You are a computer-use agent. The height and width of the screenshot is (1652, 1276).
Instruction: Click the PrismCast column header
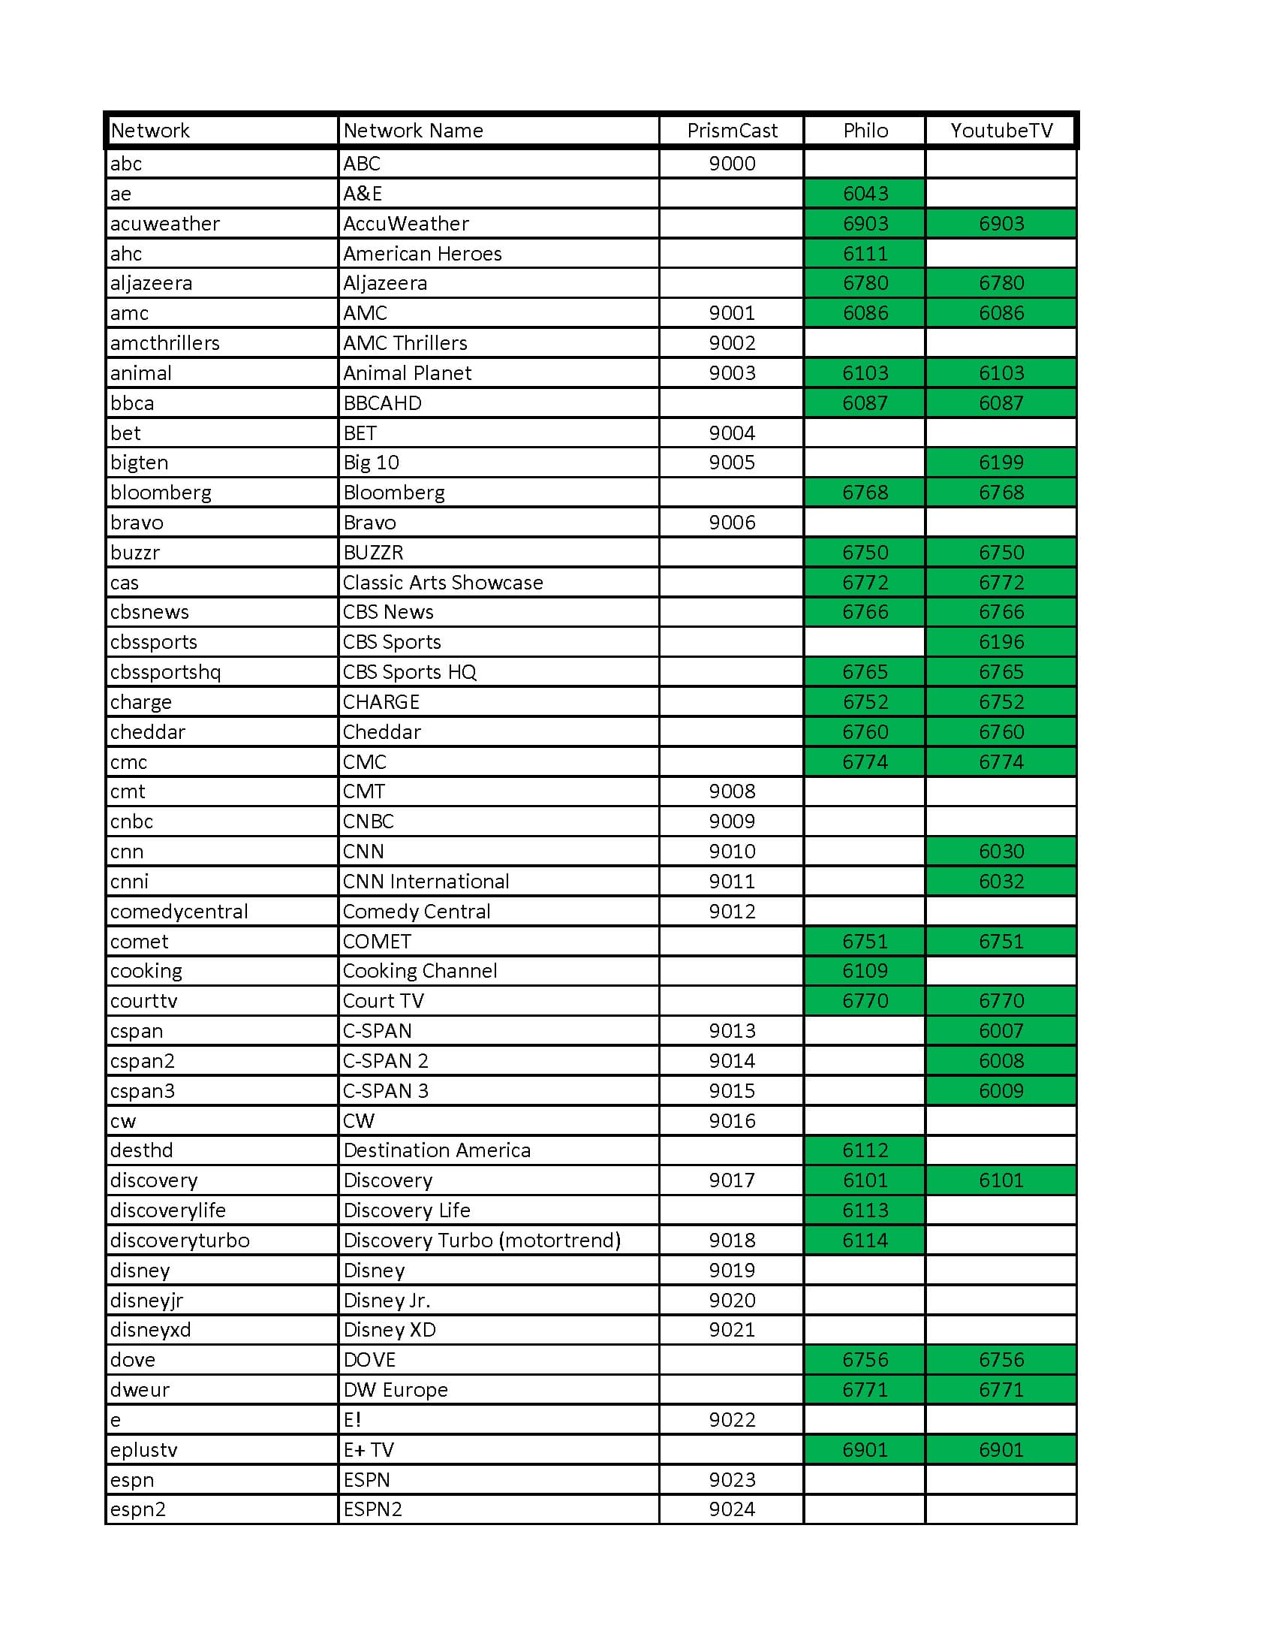(731, 131)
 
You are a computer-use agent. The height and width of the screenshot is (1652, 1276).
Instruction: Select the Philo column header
(865, 131)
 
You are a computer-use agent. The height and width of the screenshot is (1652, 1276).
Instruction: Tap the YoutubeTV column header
(1001, 131)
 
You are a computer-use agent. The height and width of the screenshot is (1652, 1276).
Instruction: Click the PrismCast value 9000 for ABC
(731, 164)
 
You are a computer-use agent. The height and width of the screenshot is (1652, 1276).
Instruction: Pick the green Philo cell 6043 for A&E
(865, 194)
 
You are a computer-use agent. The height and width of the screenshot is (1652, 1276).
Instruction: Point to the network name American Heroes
(422, 253)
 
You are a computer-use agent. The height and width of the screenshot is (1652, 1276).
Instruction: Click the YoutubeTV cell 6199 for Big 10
(1001, 462)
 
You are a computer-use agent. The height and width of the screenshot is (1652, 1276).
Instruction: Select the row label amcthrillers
(165, 342)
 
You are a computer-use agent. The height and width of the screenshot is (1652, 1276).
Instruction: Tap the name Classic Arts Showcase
(442, 583)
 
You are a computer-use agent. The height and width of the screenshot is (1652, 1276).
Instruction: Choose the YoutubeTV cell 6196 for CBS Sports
(1001, 641)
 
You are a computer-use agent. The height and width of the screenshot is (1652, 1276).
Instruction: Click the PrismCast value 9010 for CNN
(731, 851)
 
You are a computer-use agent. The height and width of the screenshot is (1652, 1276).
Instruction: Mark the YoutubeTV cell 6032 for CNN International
(1001, 882)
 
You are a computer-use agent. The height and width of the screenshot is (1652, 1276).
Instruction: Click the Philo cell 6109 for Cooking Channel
(865, 970)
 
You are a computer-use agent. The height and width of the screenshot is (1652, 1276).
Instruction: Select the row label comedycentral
(179, 912)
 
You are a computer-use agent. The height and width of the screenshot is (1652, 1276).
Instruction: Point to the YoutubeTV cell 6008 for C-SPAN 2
(1001, 1060)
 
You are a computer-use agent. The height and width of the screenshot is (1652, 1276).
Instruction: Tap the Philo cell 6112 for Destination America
(865, 1150)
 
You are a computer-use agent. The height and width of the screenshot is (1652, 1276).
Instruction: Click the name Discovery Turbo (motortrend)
(482, 1240)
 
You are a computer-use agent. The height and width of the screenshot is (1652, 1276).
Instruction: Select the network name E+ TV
(368, 1449)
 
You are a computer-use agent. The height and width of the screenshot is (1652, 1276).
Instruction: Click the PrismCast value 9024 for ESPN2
(731, 1509)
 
